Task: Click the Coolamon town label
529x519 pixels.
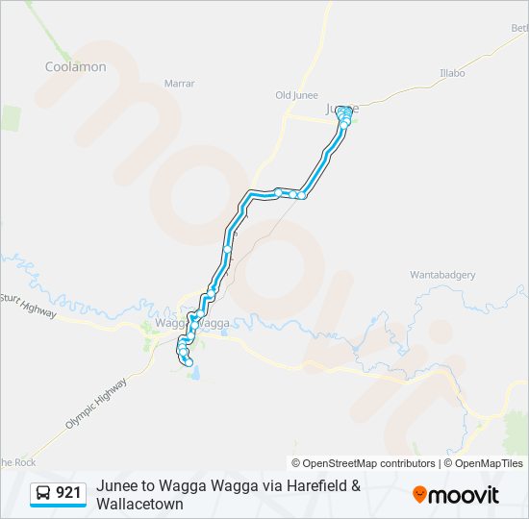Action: point(76,66)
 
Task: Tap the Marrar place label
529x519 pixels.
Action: point(179,84)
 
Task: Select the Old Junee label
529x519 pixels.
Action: point(296,95)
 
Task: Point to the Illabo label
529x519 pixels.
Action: point(452,73)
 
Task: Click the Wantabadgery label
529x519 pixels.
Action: point(442,275)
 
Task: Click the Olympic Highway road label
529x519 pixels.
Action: point(96,403)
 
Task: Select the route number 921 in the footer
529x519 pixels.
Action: point(68,493)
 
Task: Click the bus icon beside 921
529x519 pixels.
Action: point(44,493)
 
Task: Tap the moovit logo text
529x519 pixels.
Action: point(466,495)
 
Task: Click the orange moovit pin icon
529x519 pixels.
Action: point(420,495)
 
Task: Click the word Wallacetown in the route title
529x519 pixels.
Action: point(139,504)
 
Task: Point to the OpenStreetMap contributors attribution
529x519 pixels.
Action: point(364,463)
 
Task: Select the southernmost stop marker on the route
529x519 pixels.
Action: point(189,362)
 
